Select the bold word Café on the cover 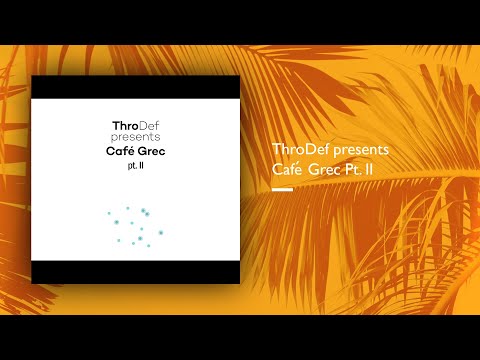click(119, 151)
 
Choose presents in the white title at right click(359, 150)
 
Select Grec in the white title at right click(325, 169)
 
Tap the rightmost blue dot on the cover click(161, 232)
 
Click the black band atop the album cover click(135, 87)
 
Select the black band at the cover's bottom click(135, 272)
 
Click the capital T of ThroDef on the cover click(116, 124)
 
